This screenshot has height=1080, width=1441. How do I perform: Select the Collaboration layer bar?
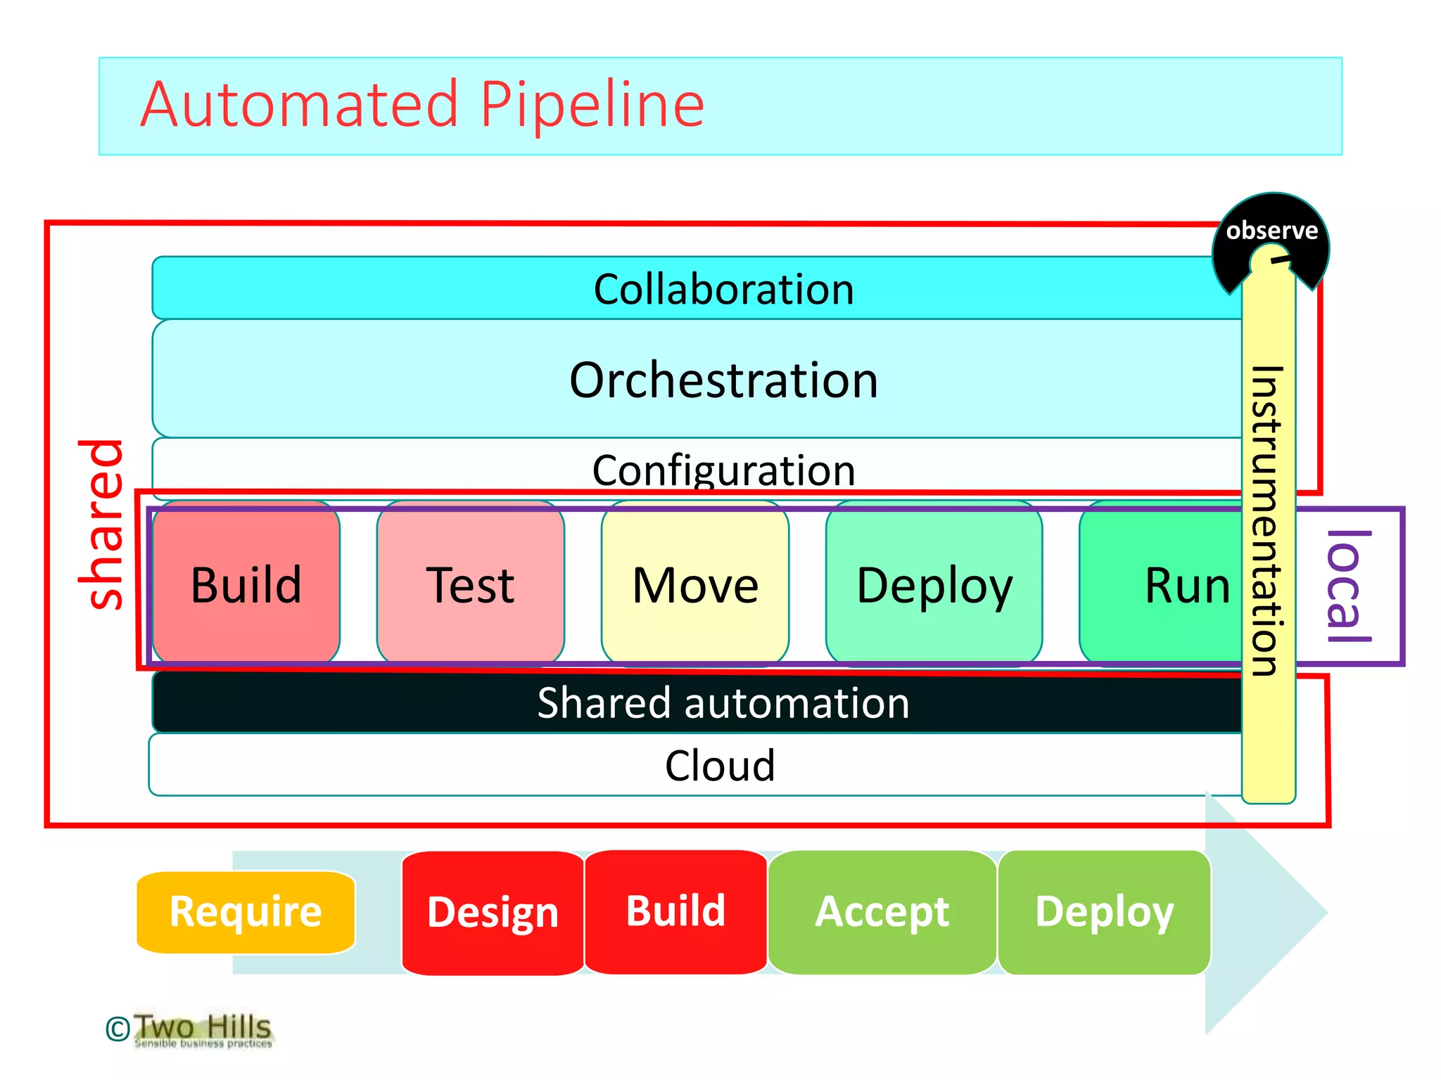click(x=723, y=289)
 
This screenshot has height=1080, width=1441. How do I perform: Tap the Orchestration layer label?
click(x=723, y=380)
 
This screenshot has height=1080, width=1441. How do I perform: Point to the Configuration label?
click(x=723, y=469)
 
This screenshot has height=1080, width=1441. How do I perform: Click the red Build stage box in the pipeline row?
click(x=246, y=584)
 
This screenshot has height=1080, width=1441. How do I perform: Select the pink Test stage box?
click(x=470, y=584)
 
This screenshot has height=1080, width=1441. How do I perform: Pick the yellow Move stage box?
click(x=695, y=584)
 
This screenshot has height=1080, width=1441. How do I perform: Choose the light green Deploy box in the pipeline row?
click(x=934, y=584)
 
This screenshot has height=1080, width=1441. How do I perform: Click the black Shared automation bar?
click(x=723, y=702)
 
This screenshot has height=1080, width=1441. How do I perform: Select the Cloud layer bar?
click(x=719, y=766)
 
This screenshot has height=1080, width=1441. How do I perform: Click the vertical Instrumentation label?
click(x=1268, y=520)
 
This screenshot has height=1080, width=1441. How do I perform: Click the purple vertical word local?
click(x=1347, y=586)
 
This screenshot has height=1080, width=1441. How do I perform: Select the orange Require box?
click(x=246, y=912)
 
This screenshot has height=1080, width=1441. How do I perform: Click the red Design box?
click(x=493, y=912)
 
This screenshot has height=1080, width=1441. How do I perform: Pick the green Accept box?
click(x=882, y=912)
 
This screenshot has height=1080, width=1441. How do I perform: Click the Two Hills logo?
click(x=202, y=1029)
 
